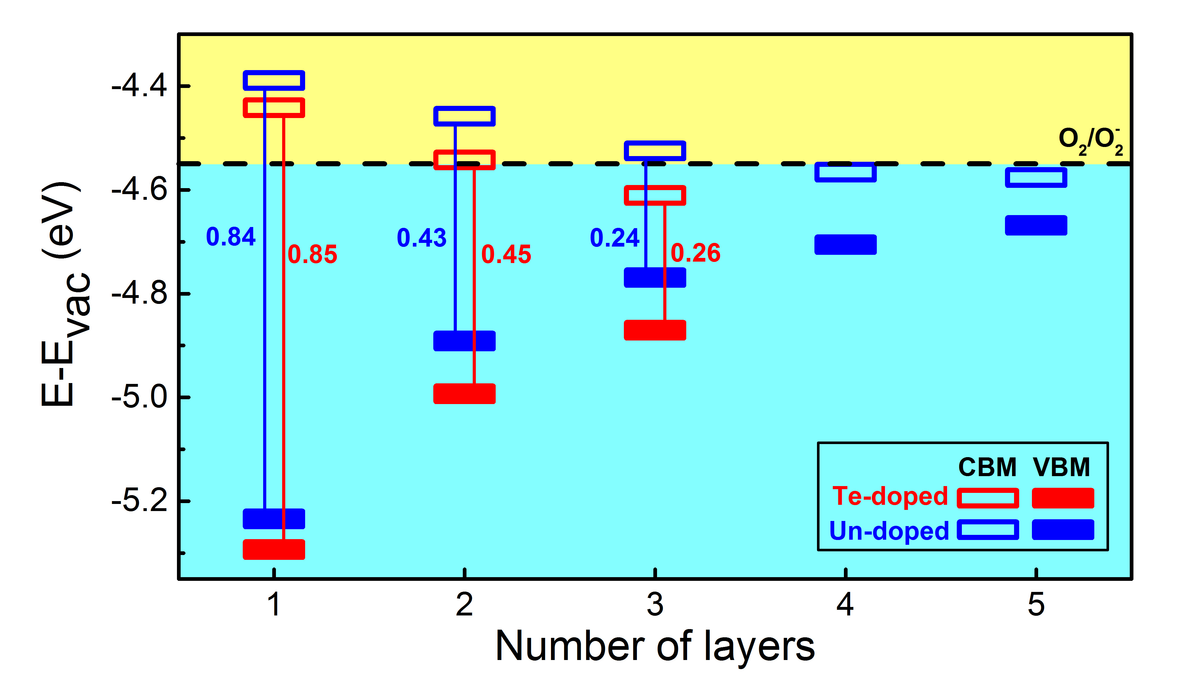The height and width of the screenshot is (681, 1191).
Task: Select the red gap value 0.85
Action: [312, 255]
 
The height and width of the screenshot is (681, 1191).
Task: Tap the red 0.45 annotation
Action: [506, 255]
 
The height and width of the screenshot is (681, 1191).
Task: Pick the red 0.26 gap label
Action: [696, 253]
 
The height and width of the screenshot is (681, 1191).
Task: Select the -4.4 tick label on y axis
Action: [139, 87]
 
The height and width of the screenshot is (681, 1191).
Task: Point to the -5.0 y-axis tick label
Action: [139, 398]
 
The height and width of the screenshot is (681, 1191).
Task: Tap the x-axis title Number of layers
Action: [655, 646]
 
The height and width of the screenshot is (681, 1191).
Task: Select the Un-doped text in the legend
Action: [889, 531]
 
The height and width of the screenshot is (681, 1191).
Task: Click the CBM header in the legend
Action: [987, 467]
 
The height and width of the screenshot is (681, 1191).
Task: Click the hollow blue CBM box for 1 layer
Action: [274, 81]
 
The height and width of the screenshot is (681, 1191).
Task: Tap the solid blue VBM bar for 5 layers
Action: [1036, 226]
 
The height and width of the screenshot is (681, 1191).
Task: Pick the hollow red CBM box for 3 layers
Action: [655, 196]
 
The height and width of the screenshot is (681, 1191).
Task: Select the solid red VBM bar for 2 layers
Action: [464, 394]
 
